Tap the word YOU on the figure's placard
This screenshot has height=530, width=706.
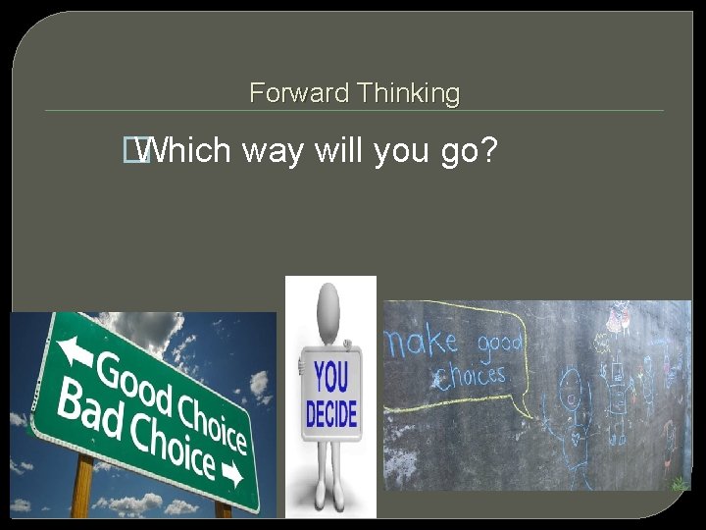[332, 377]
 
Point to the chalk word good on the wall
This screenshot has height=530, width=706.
[499, 345]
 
